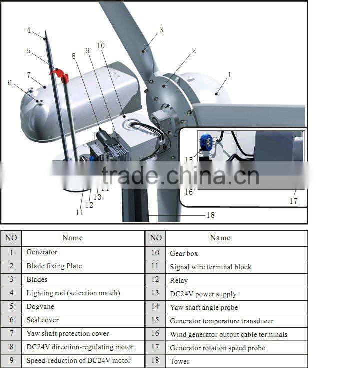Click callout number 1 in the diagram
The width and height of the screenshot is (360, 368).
pyautogui.click(x=229, y=75)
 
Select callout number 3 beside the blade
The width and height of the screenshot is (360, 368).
pyautogui.click(x=161, y=30)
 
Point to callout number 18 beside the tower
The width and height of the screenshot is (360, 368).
pyautogui.click(x=211, y=215)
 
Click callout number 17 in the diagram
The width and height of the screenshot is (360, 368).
pyautogui.click(x=293, y=201)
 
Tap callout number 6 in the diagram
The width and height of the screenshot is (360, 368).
pyautogui.click(x=9, y=82)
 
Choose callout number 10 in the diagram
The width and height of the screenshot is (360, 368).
pyautogui.click(x=101, y=45)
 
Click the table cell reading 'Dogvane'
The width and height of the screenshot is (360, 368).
pyautogui.click(x=82, y=307)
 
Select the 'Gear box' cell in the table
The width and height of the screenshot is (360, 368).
pyautogui.click(x=226, y=253)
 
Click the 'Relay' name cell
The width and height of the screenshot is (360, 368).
pyautogui.click(x=226, y=280)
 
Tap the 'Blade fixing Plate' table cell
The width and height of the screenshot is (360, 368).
pyautogui.click(x=82, y=266)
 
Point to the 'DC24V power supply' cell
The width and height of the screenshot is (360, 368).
pyautogui.click(x=226, y=294)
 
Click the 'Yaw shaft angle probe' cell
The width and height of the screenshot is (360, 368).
pyautogui.click(x=226, y=307)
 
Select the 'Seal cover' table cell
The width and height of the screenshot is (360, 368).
pyautogui.click(x=82, y=320)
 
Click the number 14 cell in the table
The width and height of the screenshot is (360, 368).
pyautogui.click(x=155, y=307)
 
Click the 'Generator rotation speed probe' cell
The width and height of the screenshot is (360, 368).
pyautogui.click(x=226, y=348)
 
